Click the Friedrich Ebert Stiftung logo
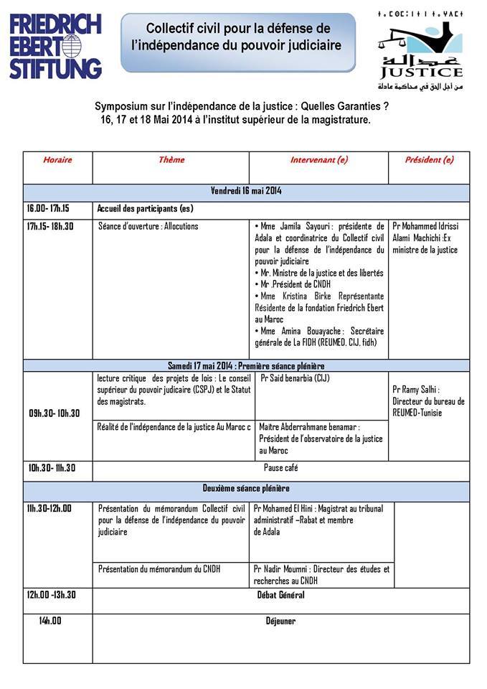click(x=55, y=44)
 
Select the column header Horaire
click(x=57, y=160)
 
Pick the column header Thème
click(x=171, y=160)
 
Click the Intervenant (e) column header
click(x=318, y=160)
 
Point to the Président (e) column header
click(x=429, y=160)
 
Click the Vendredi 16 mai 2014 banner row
click(x=246, y=192)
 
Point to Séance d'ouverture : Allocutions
click(x=148, y=226)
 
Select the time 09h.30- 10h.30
click(x=55, y=413)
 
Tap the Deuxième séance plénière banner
click(x=246, y=488)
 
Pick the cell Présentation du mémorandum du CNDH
click(x=159, y=569)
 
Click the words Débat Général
click(x=281, y=595)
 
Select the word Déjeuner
click(x=281, y=621)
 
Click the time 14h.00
click(x=50, y=621)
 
